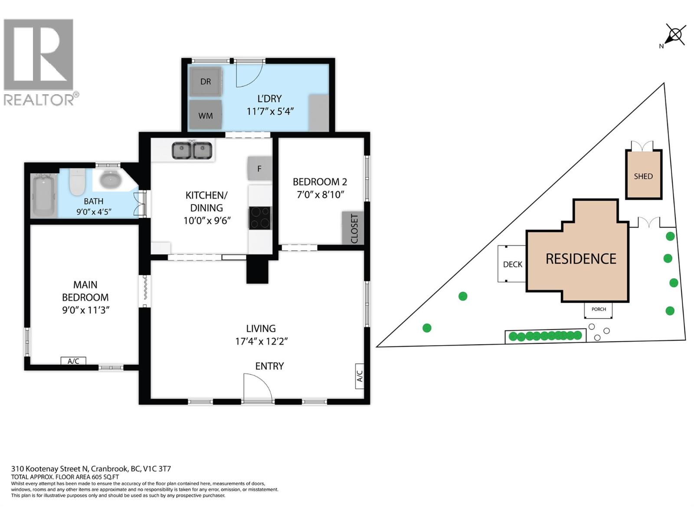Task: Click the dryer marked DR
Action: (x=206, y=82)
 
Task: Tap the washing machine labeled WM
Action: (x=206, y=115)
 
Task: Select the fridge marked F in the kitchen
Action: (x=259, y=168)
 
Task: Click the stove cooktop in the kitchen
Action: (x=260, y=218)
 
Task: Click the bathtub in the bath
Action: (x=44, y=196)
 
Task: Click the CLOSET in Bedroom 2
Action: (x=353, y=228)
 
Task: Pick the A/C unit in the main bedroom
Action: (x=73, y=361)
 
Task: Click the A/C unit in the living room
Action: (x=360, y=376)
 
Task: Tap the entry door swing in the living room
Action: (x=258, y=388)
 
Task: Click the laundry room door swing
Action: (x=249, y=73)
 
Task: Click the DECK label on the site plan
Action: (x=513, y=264)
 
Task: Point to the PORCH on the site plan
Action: (x=598, y=310)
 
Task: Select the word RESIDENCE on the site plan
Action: (x=581, y=259)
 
